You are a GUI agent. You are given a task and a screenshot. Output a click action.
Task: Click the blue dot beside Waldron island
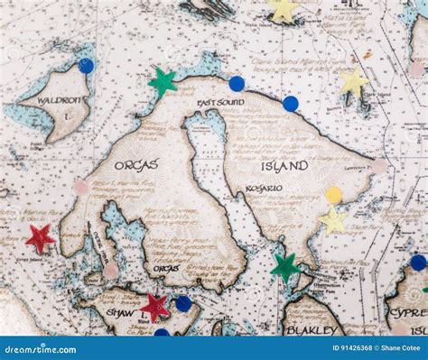coord(86,66)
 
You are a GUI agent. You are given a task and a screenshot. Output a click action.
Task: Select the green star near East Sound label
coord(163,82)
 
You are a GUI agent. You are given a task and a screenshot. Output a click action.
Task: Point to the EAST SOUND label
coord(221,103)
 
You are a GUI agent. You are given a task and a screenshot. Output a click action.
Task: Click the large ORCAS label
coord(137,165)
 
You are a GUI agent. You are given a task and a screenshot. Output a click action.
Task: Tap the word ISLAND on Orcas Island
coord(284,166)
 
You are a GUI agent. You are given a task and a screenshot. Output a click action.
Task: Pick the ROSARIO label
coord(265,189)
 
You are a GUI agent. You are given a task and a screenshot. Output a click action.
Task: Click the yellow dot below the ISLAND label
coord(334,195)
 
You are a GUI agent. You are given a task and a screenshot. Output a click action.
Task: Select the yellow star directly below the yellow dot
coord(333,220)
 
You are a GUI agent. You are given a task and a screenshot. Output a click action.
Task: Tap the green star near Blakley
coord(285,266)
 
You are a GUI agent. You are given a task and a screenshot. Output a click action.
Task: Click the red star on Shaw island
coord(154,307)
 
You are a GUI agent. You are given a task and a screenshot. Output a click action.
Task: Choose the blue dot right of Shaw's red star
coord(183,304)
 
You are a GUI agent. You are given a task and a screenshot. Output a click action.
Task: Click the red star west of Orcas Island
coord(39,238)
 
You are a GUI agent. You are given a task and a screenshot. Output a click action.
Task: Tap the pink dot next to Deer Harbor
coord(110,271)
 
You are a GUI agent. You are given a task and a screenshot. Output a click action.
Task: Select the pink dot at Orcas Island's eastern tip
coord(379,166)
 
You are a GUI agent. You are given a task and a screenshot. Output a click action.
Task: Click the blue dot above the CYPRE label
coord(417,263)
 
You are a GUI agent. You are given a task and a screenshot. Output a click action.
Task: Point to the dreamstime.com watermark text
coord(45,348)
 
